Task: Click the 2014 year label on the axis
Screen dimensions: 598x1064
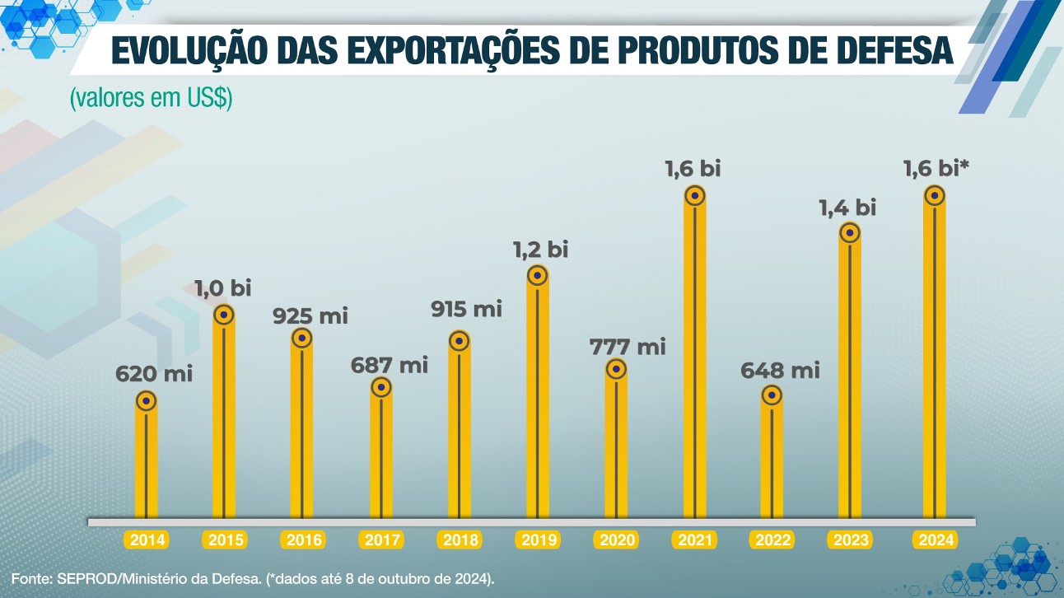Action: click(147, 540)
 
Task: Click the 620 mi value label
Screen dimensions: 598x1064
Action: click(153, 374)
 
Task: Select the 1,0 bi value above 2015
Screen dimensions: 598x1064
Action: click(222, 288)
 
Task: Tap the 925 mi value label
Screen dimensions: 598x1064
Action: click(310, 315)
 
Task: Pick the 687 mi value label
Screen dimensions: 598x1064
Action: click(390, 364)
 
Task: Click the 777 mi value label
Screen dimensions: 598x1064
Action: click(627, 347)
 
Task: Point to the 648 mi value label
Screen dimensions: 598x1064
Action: click(781, 371)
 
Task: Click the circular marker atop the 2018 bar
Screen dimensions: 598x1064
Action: click(460, 341)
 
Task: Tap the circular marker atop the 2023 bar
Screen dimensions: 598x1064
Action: click(850, 233)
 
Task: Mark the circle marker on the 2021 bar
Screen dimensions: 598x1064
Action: click(695, 196)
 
